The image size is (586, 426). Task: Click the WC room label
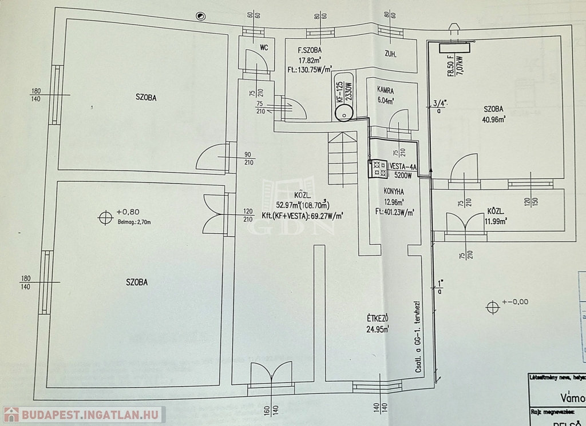point(264,48)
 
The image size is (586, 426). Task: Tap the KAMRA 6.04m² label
point(385,90)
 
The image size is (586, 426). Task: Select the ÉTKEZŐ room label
point(378,318)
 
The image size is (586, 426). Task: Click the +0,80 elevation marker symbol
point(105,217)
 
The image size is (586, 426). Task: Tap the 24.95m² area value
point(378,329)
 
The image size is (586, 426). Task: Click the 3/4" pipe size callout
point(439,103)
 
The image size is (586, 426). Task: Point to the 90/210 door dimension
point(248,158)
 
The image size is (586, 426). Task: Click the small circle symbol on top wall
point(200,17)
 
